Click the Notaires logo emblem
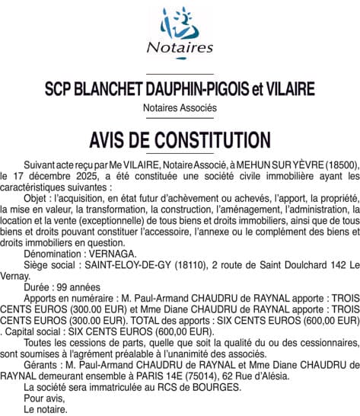[180, 23]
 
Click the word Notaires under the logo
[180, 47]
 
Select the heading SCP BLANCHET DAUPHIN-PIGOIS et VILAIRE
[180, 89]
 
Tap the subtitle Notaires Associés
[180, 108]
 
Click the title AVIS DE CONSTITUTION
[180, 140]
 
